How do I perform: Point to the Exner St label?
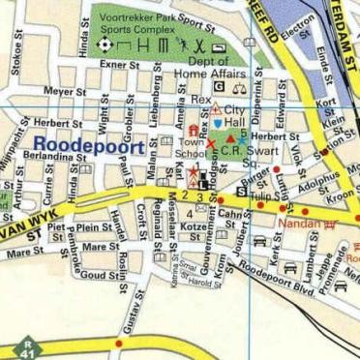point(120,65)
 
